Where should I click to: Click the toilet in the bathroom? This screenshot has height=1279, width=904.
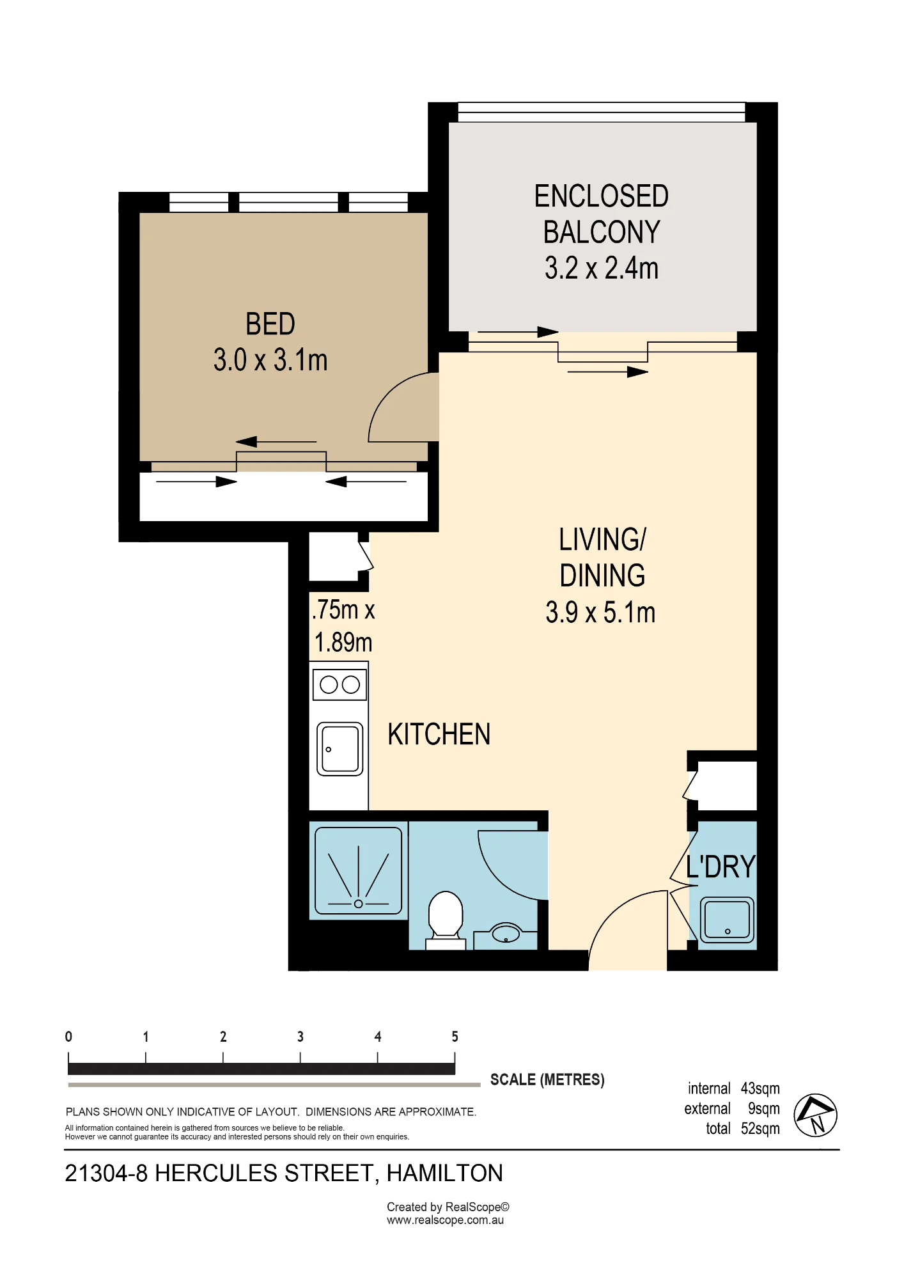[446, 920]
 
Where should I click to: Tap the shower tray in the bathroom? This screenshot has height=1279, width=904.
[359, 870]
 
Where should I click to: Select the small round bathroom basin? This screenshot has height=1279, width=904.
[506, 933]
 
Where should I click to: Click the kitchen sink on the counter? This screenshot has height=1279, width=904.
[340, 749]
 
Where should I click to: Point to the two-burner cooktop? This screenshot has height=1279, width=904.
[339, 685]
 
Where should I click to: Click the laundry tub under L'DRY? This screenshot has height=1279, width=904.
[727, 920]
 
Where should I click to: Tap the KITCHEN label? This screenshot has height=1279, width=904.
[439, 734]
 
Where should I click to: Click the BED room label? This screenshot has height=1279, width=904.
[270, 324]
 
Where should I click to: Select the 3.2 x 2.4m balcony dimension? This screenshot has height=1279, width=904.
[602, 268]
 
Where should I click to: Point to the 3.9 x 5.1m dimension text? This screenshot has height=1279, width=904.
[601, 612]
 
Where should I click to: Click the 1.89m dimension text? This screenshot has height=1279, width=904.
[343, 641]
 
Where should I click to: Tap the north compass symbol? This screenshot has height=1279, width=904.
[816, 1115]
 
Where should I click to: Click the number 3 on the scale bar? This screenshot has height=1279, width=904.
[300, 1037]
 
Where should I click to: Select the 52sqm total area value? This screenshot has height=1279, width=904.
[760, 1129]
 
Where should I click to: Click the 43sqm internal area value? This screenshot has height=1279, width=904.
[760, 1088]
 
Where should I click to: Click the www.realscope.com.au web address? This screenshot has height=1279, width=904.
[445, 1220]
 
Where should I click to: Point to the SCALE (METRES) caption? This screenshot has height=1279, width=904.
[547, 1079]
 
